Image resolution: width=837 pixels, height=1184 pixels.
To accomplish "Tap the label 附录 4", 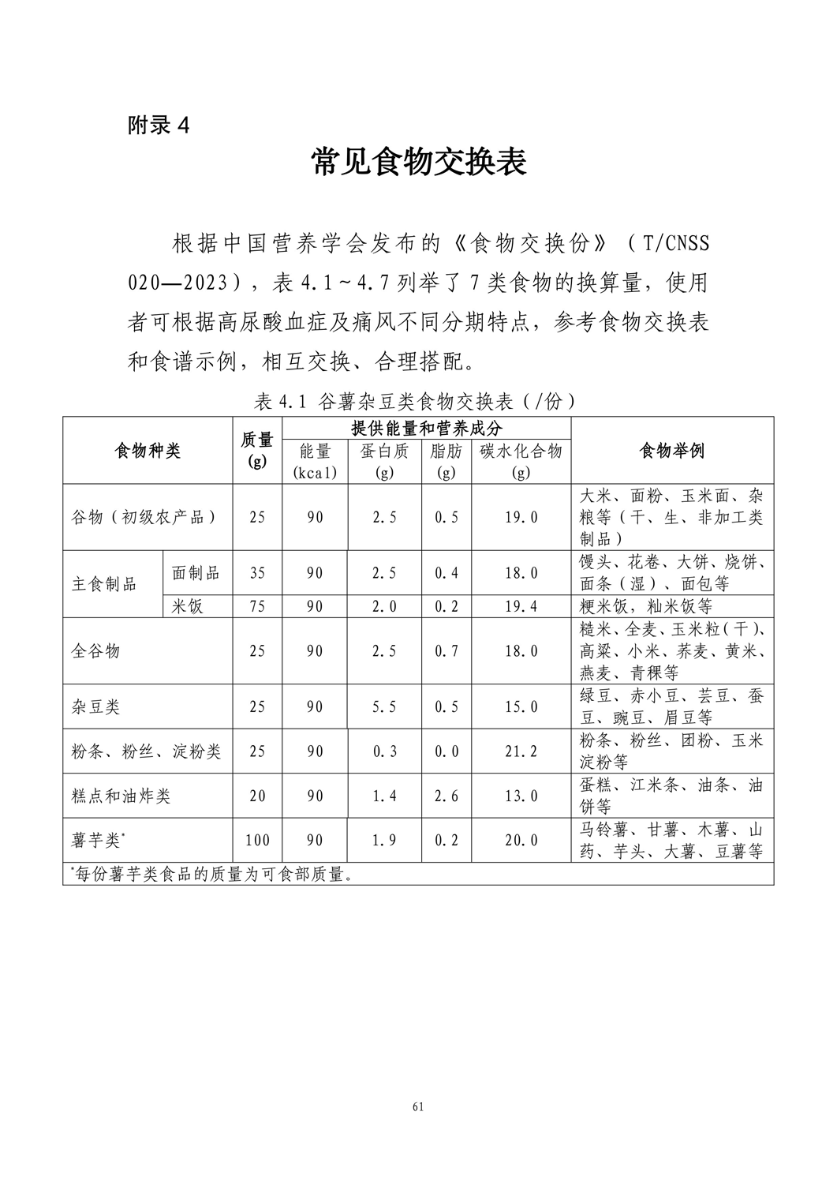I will [159, 125].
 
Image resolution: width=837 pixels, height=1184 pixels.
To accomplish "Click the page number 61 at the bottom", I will [418, 1106].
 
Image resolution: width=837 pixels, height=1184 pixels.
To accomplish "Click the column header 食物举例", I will [671, 451].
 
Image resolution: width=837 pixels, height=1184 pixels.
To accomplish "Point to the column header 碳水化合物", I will [521, 451].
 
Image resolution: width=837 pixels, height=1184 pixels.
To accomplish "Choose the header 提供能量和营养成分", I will [426, 428].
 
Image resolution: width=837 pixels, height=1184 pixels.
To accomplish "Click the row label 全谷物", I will [96, 651].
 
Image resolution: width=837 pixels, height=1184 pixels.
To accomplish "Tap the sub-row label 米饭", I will [188, 605].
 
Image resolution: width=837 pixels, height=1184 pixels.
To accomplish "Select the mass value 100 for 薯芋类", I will [257, 841].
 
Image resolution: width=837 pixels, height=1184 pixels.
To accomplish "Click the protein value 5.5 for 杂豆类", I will [384, 707].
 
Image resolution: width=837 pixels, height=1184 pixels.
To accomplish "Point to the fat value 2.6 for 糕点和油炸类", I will [447, 796].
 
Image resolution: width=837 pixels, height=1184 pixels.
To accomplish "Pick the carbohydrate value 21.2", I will [521, 751].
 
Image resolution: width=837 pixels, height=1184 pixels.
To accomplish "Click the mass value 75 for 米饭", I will [257, 606].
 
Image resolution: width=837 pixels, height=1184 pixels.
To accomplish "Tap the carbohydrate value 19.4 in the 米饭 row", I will [521, 606].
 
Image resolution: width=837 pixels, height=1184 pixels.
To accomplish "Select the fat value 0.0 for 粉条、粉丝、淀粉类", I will [447, 751].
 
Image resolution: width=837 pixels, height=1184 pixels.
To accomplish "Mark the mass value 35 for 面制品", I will [257, 573].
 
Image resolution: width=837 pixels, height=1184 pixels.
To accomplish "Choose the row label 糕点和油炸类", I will [121, 796].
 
